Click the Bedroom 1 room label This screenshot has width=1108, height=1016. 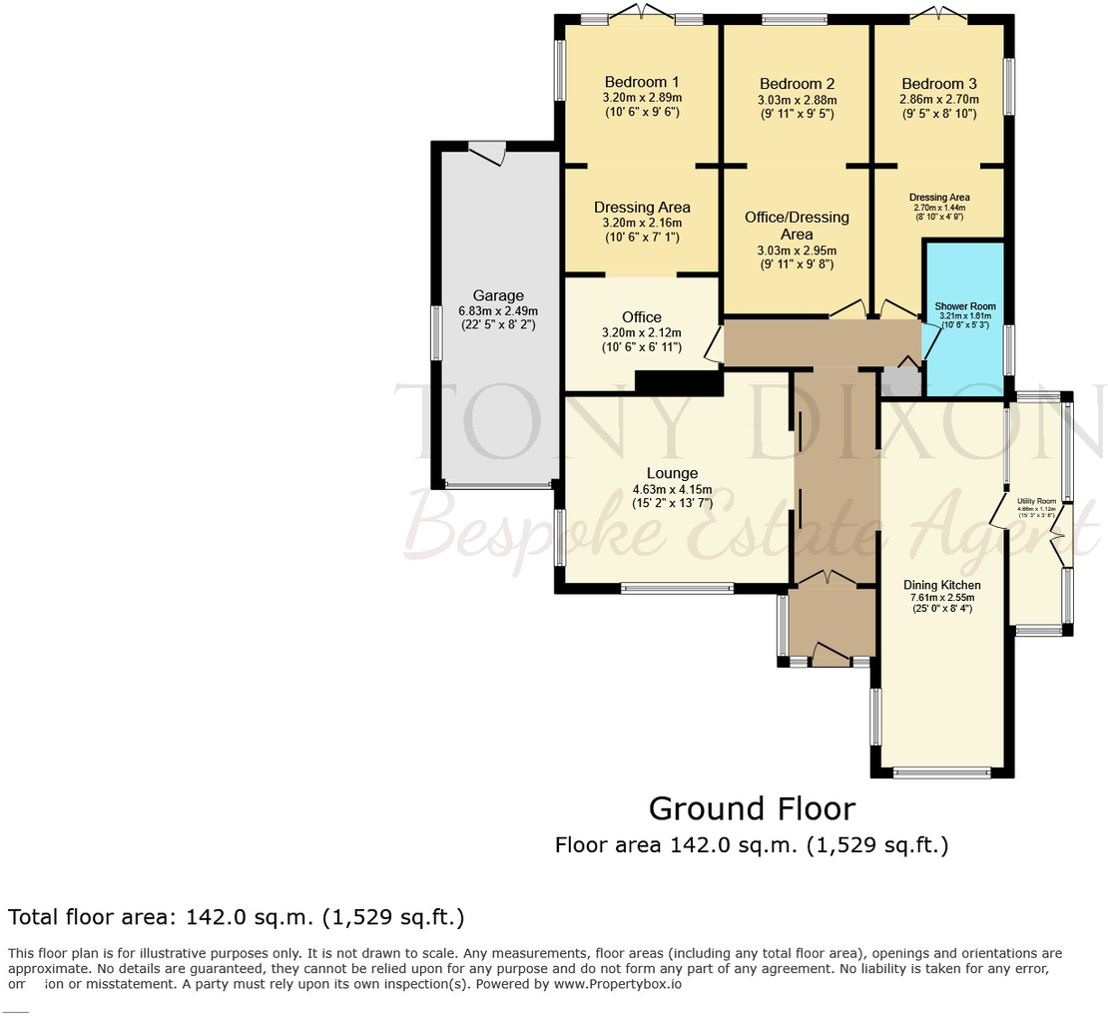coord(642,82)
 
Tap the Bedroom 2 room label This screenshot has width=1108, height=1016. coord(797,84)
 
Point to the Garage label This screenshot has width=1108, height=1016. coord(498,295)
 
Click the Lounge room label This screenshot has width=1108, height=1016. coord(672,473)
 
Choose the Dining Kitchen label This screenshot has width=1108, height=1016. coord(942,585)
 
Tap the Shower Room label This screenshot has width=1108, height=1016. coord(964,306)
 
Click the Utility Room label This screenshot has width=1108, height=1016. coord(1036,501)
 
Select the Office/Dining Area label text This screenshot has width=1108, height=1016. coord(797,226)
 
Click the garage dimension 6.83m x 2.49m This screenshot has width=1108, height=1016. coord(498,310)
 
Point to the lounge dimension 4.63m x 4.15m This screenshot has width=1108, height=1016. coord(672,489)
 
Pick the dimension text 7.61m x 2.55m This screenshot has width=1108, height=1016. coord(942,598)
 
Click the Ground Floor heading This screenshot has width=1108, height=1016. coord(752,807)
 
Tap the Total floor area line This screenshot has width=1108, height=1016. coord(236,917)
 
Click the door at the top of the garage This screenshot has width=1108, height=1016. coord(488,151)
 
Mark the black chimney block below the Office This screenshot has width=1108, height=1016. coord(678,383)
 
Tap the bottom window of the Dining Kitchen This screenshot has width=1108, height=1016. coord(941,771)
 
